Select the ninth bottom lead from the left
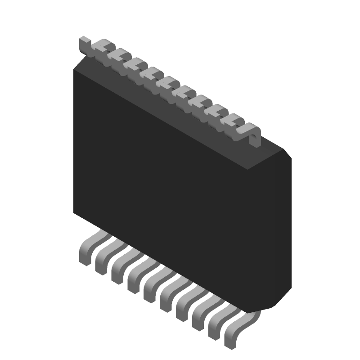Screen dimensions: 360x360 click(216, 330)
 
